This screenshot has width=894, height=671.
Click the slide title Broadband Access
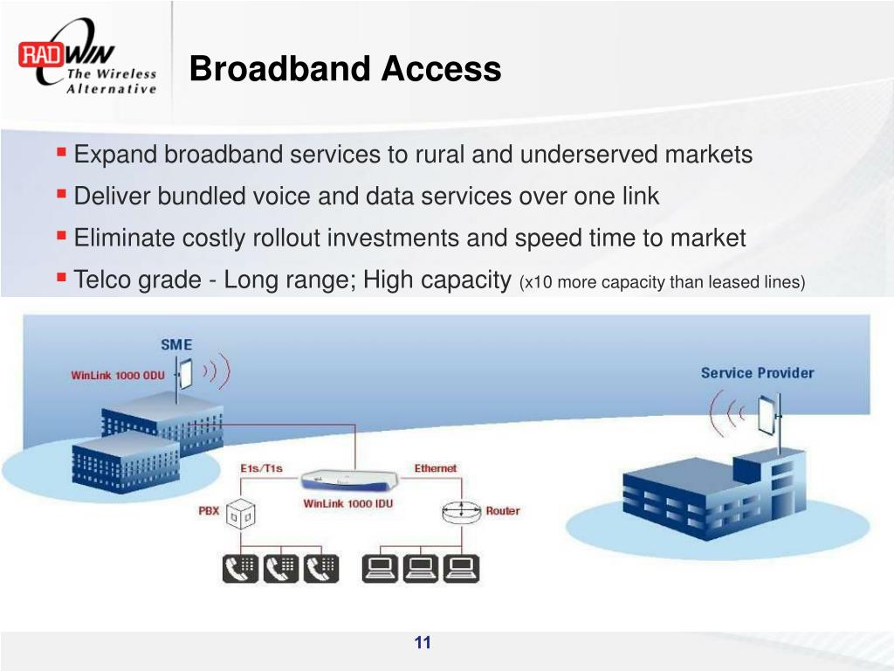tap(345, 68)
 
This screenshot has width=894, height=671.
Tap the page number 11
tap(423, 643)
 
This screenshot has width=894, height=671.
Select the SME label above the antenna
tap(175, 344)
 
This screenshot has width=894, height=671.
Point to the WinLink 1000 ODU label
tap(117, 376)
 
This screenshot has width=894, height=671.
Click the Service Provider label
tap(757, 373)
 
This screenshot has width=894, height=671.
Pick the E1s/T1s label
tap(262, 469)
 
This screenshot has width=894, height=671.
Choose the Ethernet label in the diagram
tap(435, 468)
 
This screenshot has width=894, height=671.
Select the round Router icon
tap(461, 512)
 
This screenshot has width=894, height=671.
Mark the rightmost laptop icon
tap(460, 569)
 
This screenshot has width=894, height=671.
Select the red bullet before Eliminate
tap(61, 235)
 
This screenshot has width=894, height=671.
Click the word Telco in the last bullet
tap(100, 280)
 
